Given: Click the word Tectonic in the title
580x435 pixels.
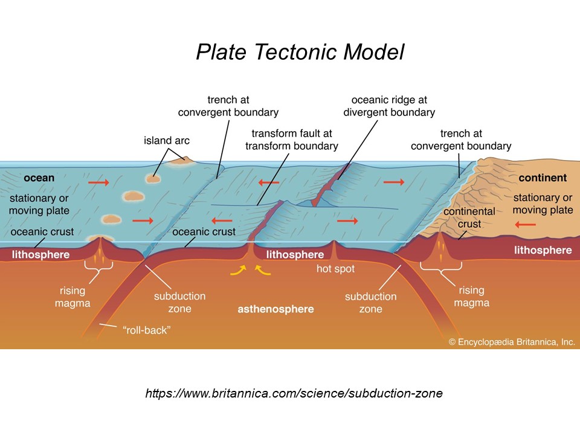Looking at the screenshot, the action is (x=295, y=52).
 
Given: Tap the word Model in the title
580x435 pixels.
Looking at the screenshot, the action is (x=374, y=52).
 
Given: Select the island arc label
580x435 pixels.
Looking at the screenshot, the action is (x=167, y=141).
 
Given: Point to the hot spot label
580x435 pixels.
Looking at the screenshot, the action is (x=335, y=269).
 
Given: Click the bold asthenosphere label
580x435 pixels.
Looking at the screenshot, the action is (x=275, y=309).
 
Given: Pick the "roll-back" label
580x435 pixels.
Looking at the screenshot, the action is (x=146, y=330).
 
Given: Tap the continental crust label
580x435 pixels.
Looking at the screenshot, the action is (x=469, y=217).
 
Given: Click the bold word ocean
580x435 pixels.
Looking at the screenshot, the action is (x=39, y=178).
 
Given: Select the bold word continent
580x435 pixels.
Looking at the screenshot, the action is (x=543, y=178).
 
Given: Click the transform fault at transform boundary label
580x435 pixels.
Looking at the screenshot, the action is (x=291, y=140).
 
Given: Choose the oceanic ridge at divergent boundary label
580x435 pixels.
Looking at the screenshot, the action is (x=389, y=106).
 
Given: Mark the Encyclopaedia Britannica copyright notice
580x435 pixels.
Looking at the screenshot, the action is (x=512, y=342).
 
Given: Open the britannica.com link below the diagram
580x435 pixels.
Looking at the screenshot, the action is (x=294, y=393).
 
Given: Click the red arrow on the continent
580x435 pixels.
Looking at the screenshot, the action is (x=525, y=225).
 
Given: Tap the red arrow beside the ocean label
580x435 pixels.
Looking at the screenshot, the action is (x=98, y=182).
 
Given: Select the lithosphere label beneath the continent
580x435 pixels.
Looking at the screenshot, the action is (x=543, y=250).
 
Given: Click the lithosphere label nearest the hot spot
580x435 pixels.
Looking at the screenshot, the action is (x=295, y=254).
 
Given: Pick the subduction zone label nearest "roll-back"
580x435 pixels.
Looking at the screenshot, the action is (x=180, y=302).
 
